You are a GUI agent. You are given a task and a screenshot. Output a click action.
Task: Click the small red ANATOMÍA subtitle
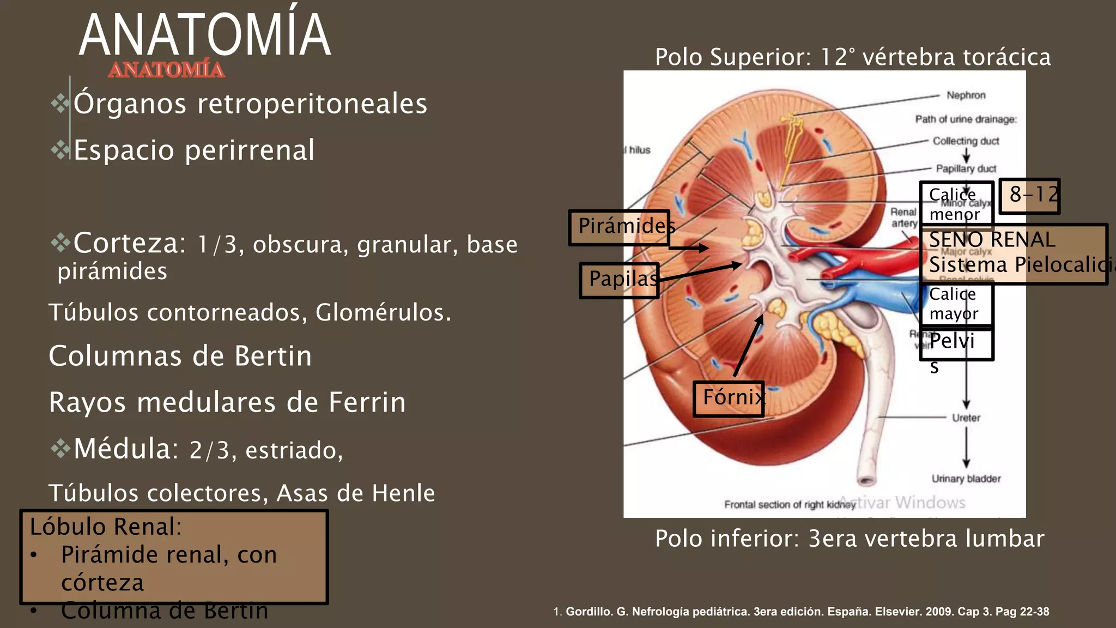click(x=166, y=70)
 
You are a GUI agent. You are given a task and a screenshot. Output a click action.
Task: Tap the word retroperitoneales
click(x=312, y=104)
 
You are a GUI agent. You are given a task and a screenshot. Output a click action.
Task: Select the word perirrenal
click(x=250, y=150)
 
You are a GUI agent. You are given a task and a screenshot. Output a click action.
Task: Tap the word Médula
click(x=126, y=449)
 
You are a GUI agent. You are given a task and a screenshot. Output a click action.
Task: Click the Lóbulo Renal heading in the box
click(x=106, y=527)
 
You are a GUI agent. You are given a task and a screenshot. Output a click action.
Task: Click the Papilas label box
click(x=620, y=280)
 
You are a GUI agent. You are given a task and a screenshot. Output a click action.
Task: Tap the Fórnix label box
click(x=729, y=398)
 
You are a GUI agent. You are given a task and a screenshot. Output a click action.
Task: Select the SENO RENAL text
click(x=992, y=239)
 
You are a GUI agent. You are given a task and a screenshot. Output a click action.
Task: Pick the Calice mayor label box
click(x=956, y=304)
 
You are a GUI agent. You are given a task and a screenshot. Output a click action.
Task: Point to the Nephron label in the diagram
click(x=966, y=95)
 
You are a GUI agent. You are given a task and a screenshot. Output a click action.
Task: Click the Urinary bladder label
click(x=966, y=479)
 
